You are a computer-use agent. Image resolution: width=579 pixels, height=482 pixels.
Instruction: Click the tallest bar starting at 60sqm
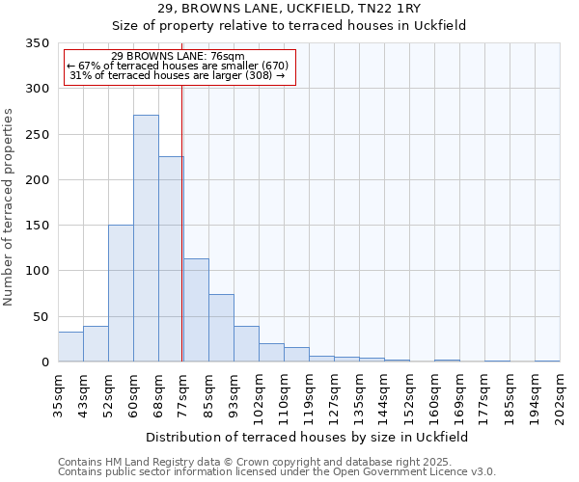pyautogui.click(x=146, y=238)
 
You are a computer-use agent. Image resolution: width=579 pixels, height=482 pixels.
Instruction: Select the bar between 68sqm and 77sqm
pyautogui.click(x=171, y=258)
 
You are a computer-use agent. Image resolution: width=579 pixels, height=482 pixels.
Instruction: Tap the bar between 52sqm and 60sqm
pyautogui.click(x=121, y=293)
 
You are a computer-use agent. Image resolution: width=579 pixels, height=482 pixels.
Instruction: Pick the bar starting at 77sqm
pyautogui.click(x=196, y=310)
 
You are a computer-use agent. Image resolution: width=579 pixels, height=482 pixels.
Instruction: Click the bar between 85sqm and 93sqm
pyautogui.click(x=221, y=328)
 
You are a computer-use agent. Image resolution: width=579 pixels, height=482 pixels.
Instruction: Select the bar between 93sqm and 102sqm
pyautogui.click(x=246, y=344)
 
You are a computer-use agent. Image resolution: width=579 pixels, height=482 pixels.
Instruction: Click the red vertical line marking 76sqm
pyautogui.click(x=182, y=222)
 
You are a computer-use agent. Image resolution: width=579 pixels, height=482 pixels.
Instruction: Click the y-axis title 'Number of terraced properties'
pyautogui.click(x=9, y=207)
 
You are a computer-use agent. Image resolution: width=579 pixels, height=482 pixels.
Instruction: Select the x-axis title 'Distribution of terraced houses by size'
pyautogui.click(x=309, y=437)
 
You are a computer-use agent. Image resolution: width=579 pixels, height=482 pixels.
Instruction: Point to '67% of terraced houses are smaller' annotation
pyautogui.click(x=178, y=66)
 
